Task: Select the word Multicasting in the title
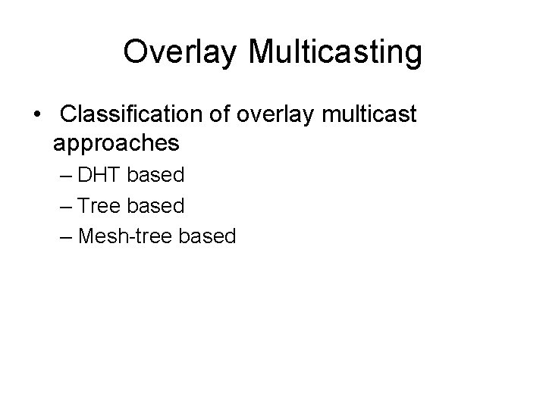[x=334, y=52]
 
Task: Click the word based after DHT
[x=155, y=176]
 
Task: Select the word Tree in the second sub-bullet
[x=100, y=206]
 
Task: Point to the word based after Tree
[x=155, y=206]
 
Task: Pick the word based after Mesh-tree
[x=207, y=236]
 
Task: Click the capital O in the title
[x=136, y=52]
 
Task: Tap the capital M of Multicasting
[x=260, y=52]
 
